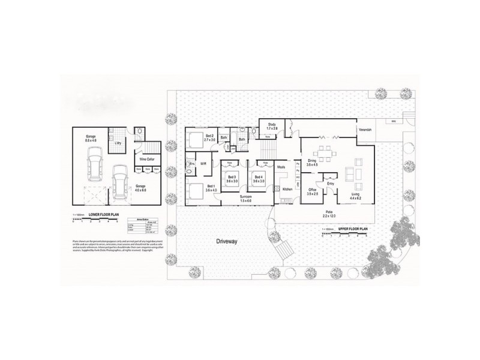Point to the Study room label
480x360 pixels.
[x=272, y=125]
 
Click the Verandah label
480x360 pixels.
[x=365, y=130]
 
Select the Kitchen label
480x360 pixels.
[x=287, y=190]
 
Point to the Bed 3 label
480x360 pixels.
[x=232, y=177]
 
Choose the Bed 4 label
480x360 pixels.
[x=258, y=177]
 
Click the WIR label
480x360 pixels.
[x=203, y=163]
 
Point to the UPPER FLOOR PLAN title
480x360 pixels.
[x=352, y=229]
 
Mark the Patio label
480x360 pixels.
[x=329, y=212]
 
